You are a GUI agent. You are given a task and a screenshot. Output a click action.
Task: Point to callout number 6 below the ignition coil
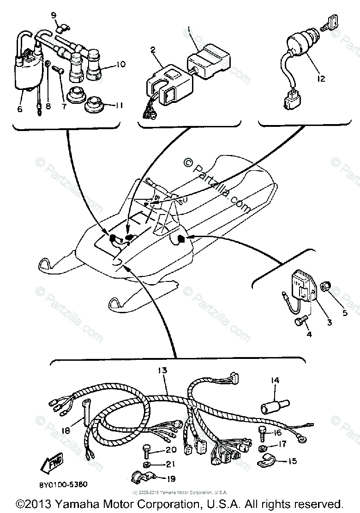pyautogui.click(x=19, y=109)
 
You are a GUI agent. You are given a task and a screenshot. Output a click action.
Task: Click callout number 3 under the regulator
pyautogui.click(x=329, y=323)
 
